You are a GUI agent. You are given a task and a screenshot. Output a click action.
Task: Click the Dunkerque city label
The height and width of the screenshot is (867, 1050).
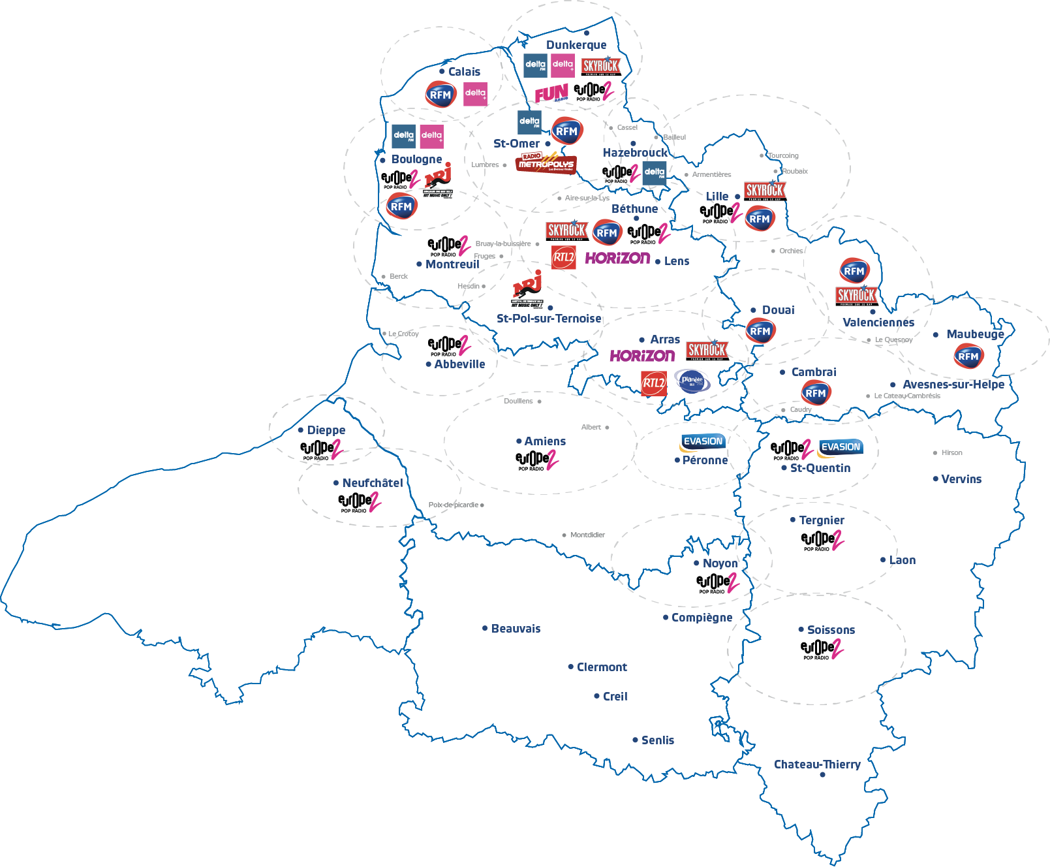[x=576, y=45]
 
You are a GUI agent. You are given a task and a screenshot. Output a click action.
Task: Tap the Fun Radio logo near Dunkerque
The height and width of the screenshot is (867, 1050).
[x=551, y=94]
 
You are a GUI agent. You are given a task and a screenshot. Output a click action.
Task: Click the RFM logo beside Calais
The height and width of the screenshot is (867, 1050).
[x=440, y=95]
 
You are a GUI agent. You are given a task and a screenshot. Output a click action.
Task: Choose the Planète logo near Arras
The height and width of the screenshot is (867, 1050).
[x=692, y=381]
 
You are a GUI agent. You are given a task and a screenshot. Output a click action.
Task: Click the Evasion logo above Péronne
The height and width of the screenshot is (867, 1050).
[x=703, y=442]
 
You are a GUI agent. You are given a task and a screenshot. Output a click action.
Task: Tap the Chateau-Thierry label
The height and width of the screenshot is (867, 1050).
[x=817, y=765]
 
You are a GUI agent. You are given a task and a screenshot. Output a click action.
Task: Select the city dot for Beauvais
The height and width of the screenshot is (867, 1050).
[x=485, y=628]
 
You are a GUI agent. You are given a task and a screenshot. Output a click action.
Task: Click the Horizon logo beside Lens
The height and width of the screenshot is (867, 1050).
[x=617, y=259]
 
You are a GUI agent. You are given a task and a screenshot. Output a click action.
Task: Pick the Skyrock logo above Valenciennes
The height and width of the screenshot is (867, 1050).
[x=856, y=296]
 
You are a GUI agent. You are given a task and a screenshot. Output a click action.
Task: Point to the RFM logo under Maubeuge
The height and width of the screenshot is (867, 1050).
[x=968, y=356]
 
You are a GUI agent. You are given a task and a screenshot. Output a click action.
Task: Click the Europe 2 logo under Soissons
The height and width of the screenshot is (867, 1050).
[x=822, y=649]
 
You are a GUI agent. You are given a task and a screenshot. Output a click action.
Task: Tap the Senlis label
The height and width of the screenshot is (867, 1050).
[x=657, y=740]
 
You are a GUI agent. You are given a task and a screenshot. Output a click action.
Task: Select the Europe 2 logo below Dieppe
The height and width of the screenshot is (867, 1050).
[x=321, y=449]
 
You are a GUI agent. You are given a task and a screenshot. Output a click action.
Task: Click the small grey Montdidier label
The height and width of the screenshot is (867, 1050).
[x=587, y=535]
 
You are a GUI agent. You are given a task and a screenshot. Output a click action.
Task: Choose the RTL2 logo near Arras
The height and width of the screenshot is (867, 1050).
[x=653, y=383]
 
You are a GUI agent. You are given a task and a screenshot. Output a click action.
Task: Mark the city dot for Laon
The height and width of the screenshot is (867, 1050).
[x=883, y=560]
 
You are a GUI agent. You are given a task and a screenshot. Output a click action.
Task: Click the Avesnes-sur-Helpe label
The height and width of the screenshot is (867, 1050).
[x=953, y=385]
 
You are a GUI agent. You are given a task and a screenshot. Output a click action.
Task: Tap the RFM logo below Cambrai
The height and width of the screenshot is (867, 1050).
[x=816, y=393]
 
